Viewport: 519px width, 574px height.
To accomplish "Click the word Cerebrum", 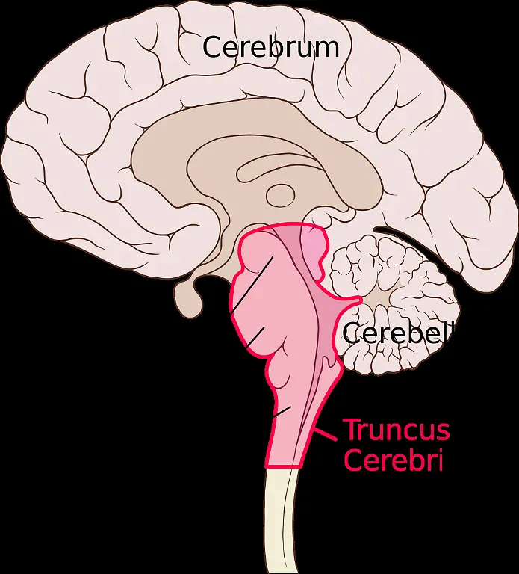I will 270,47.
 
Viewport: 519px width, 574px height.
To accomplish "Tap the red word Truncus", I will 396,430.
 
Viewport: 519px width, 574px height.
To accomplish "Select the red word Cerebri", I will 393,460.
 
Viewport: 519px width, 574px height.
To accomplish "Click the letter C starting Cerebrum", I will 213,47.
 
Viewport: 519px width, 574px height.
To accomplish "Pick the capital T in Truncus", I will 350,430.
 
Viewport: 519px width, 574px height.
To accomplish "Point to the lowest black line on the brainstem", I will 282,410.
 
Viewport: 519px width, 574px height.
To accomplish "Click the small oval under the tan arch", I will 282,195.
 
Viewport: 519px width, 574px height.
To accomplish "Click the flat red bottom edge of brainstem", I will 283,467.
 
